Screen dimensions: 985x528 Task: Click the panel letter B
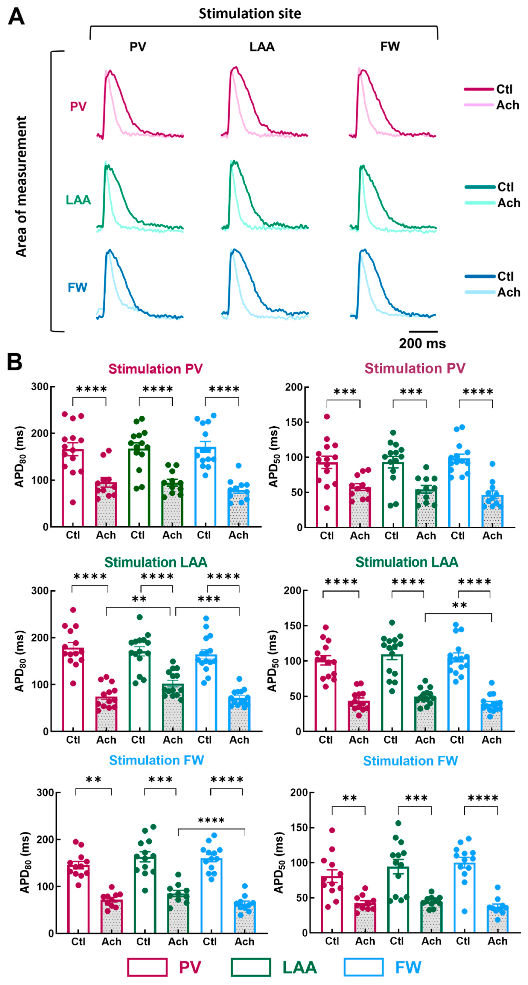click(x=14, y=362)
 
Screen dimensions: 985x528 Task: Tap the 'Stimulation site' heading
click(x=250, y=14)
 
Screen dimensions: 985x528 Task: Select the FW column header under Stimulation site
click(x=390, y=47)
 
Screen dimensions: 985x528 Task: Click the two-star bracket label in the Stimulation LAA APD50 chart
click(x=459, y=605)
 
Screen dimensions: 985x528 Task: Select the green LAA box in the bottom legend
click(x=251, y=967)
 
